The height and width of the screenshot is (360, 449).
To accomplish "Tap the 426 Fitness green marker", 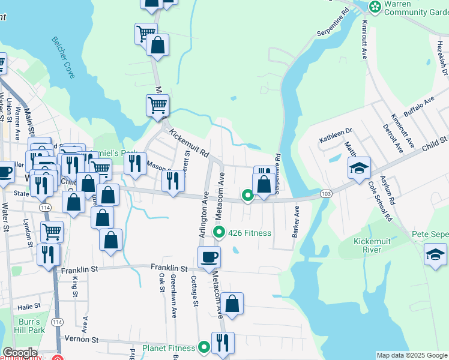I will tap(219, 232).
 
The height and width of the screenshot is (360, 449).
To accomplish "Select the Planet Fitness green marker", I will tap(204, 347).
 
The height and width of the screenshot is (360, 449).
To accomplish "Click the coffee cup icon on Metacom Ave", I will tap(209, 257).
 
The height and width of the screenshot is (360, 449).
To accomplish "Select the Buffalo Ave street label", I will tap(418, 108).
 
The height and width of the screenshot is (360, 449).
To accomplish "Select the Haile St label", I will tap(28, 306).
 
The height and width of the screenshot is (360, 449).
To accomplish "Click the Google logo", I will tap(20, 353).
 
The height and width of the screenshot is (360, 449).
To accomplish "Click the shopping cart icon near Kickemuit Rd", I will tap(157, 105).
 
